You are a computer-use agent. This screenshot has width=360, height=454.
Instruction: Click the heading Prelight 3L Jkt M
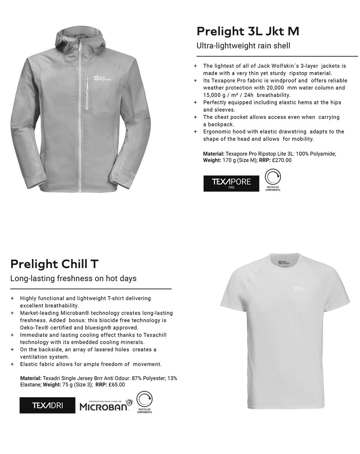tap(248, 31)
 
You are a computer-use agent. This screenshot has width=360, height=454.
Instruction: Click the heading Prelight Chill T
tap(54, 264)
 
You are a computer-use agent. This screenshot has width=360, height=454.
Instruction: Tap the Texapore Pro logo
tap(231, 183)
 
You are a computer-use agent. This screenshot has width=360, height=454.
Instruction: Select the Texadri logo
tap(48, 405)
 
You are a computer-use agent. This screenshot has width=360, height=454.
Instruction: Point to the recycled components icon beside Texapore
tap(273, 180)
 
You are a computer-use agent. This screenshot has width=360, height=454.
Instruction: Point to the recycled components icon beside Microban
tap(144, 402)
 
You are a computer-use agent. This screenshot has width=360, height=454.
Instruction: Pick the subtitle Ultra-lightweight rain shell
tap(243, 46)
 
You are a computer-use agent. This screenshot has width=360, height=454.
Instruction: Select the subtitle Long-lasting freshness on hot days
tap(73, 279)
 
